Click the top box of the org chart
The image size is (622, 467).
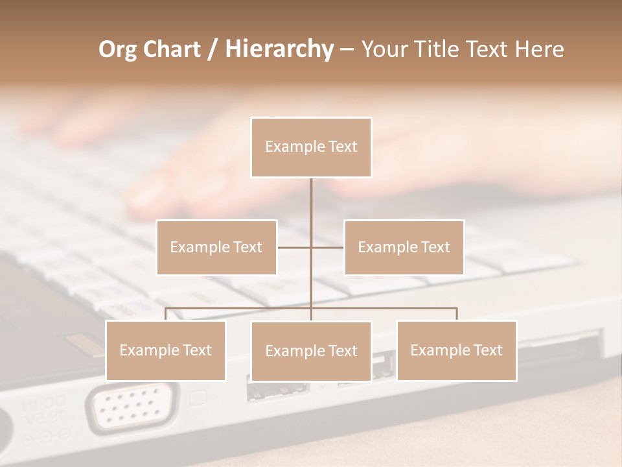click(x=311, y=147)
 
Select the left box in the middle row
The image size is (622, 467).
click(x=216, y=247)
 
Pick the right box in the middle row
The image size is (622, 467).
click(x=404, y=247)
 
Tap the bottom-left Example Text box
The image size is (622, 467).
click(x=166, y=350)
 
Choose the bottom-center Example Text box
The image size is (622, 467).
click(x=311, y=351)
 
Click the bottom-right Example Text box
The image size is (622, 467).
click(x=456, y=350)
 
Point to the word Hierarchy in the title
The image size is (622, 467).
click(x=279, y=49)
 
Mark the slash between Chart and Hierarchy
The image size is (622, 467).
click(x=213, y=49)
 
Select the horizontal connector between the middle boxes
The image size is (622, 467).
click(x=311, y=247)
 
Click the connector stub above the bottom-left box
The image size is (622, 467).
click(x=166, y=314)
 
